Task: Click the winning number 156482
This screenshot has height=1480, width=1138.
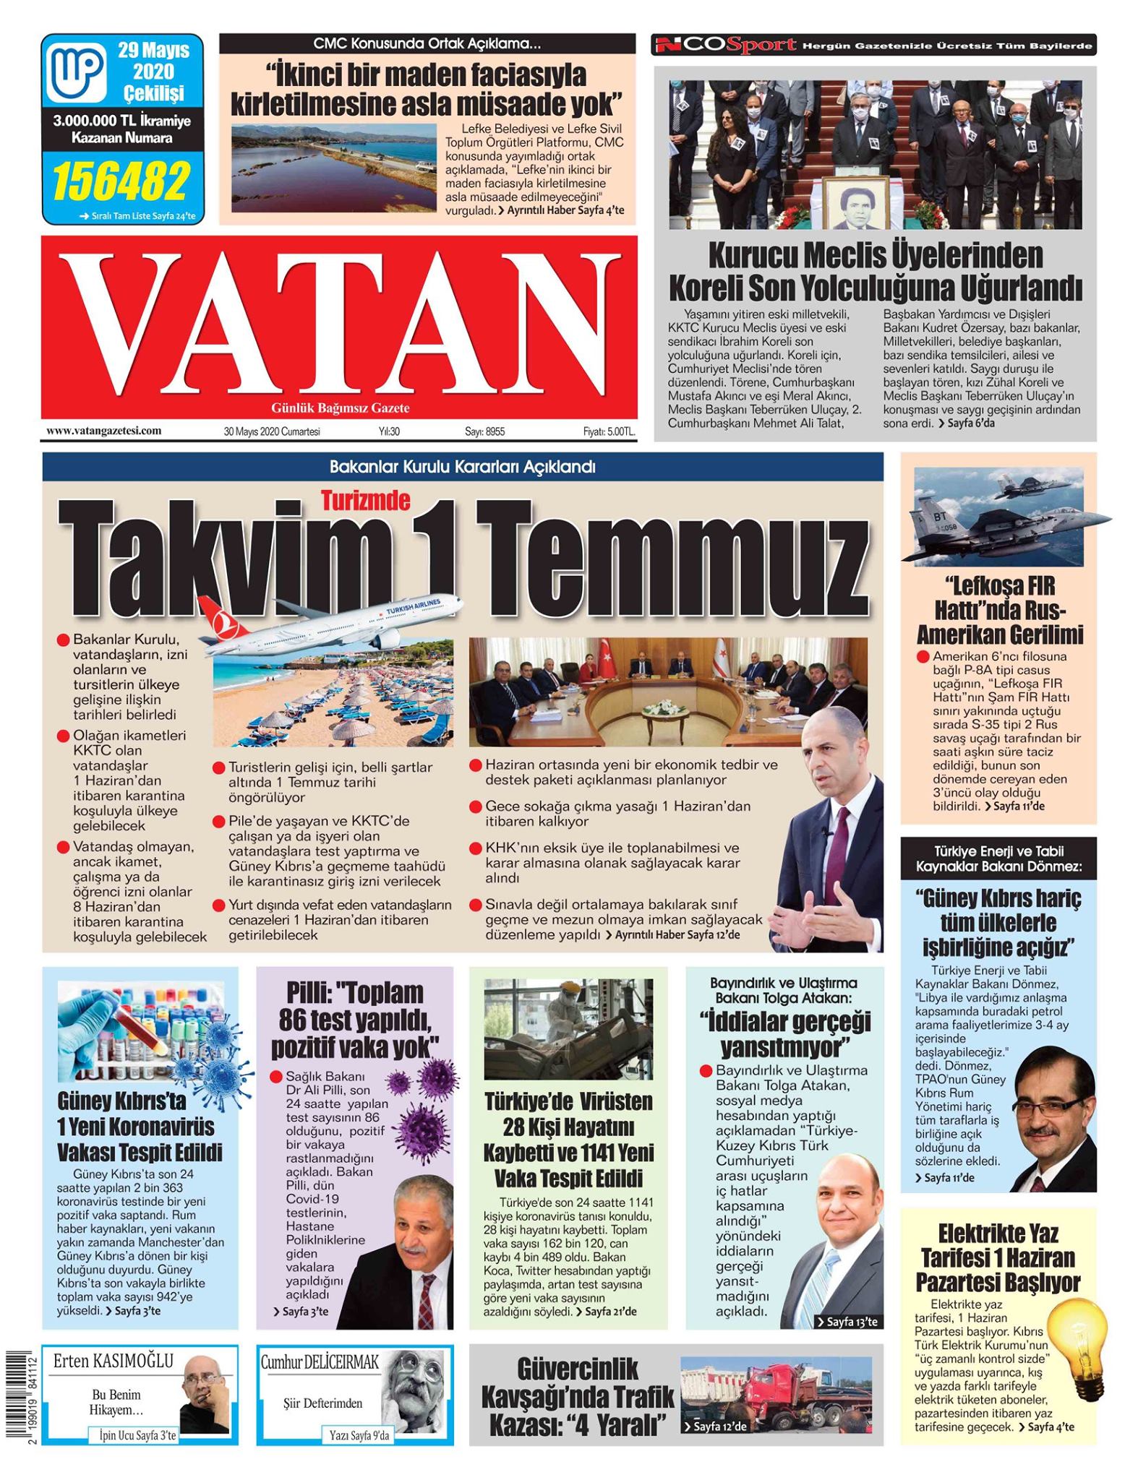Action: [x=121, y=181]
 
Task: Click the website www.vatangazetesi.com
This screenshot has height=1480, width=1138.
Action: [x=103, y=431]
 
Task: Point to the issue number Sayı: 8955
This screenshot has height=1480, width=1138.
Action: [x=484, y=431]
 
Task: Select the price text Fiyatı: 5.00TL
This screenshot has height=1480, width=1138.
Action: [x=609, y=431]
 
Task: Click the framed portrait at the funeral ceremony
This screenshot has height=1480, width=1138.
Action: [x=855, y=204]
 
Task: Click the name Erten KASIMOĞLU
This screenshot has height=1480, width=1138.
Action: [x=114, y=1361]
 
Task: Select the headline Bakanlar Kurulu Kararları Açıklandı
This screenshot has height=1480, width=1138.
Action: [x=462, y=467]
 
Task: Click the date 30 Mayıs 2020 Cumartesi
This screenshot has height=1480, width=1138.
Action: [x=271, y=431]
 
